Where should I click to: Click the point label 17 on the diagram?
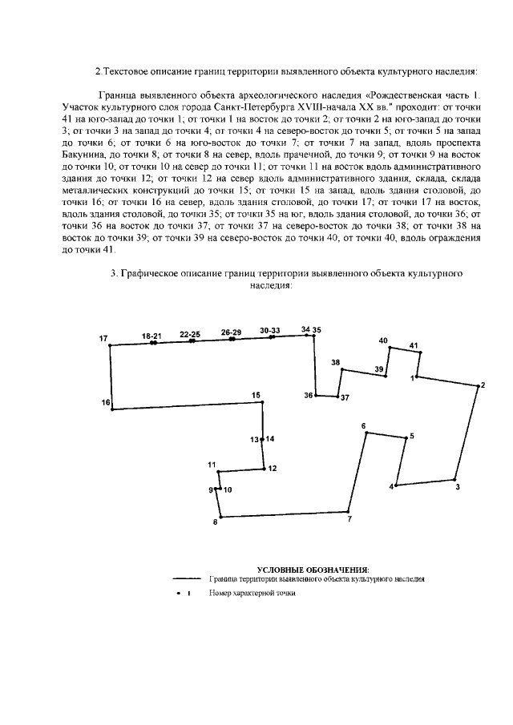pyautogui.click(x=103, y=339)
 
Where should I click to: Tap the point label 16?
pyautogui.click(x=106, y=401)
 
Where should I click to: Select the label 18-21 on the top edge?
pyautogui.click(x=151, y=335)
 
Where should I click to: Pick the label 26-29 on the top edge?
pyautogui.click(x=231, y=332)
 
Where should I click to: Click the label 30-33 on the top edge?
pyautogui.click(x=270, y=330)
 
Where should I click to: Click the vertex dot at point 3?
pyautogui.click(x=454, y=479)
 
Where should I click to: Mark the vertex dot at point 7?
pyautogui.click(x=349, y=511)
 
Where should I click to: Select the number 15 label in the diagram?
pyautogui.click(x=256, y=395)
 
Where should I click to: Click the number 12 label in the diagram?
pyautogui.click(x=273, y=469)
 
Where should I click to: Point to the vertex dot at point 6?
pyautogui.click(x=367, y=433)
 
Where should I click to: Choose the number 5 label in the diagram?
pyautogui.click(x=411, y=436)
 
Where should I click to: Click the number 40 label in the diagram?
pyautogui.click(x=383, y=340)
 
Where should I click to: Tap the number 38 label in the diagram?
pyautogui.click(x=335, y=362)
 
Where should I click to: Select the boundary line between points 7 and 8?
pyautogui.click(x=285, y=514)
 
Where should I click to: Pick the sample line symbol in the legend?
pyautogui.click(x=186, y=578)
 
